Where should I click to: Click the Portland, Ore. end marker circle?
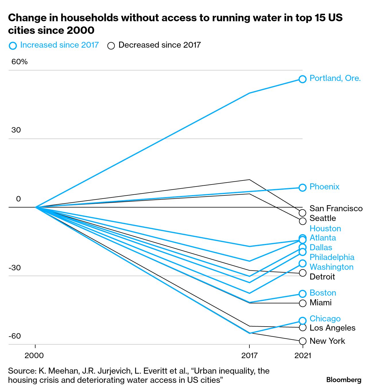(x=303, y=79)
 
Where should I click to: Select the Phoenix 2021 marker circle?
(x=303, y=187)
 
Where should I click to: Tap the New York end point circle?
(x=303, y=341)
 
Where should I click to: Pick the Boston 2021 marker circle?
(x=303, y=294)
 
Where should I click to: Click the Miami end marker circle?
(x=303, y=303)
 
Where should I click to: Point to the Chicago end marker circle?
(x=303, y=321)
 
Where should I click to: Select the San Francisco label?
(x=336, y=208)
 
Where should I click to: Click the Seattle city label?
(x=323, y=218)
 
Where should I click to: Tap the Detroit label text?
(x=322, y=277)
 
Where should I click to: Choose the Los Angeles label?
(x=332, y=328)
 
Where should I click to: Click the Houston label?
(x=325, y=228)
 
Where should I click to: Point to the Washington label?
(x=332, y=267)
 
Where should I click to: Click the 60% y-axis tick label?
(x=20, y=62)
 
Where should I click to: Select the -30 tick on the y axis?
(x=15, y=268)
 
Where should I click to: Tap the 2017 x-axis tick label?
(x=249, y=356)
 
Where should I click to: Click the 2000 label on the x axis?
(x=34, y=356)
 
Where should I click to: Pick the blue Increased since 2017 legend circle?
(x=13, y=46)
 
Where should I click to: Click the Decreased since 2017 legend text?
(x=160, y=45)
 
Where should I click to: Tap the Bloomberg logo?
(x=344, y=380)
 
